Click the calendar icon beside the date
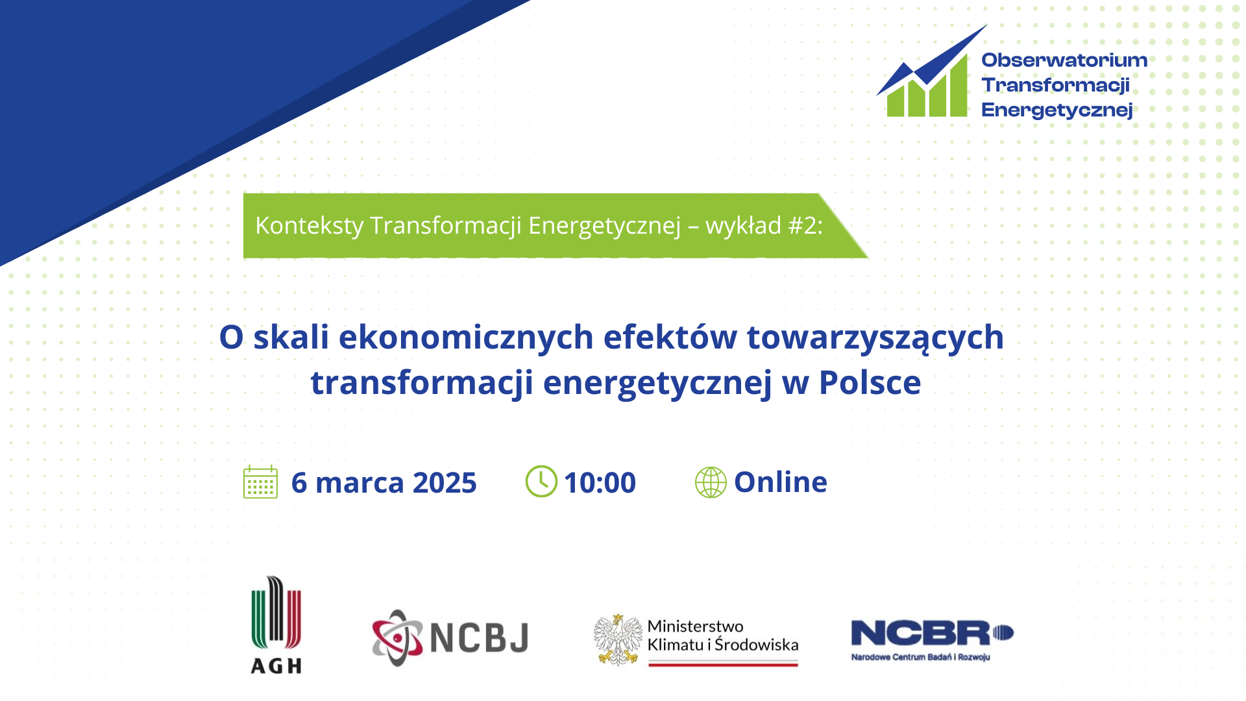coord(260,482)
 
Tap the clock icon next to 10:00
coord(541,482)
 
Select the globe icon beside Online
coord(711,482)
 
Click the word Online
coord(781,482)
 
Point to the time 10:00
coord(600,482)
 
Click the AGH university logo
coord(276,624)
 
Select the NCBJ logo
coord(450,637)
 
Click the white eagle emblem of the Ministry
coord(618,640)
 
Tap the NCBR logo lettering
coord(932,633)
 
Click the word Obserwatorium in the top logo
coord(1064,60)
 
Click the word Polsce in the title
coord(870,382)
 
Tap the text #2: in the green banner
coord(805,225)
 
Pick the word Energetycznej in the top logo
coord(1057,110)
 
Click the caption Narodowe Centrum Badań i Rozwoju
coord(920,658)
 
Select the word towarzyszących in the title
coord(875,338)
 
